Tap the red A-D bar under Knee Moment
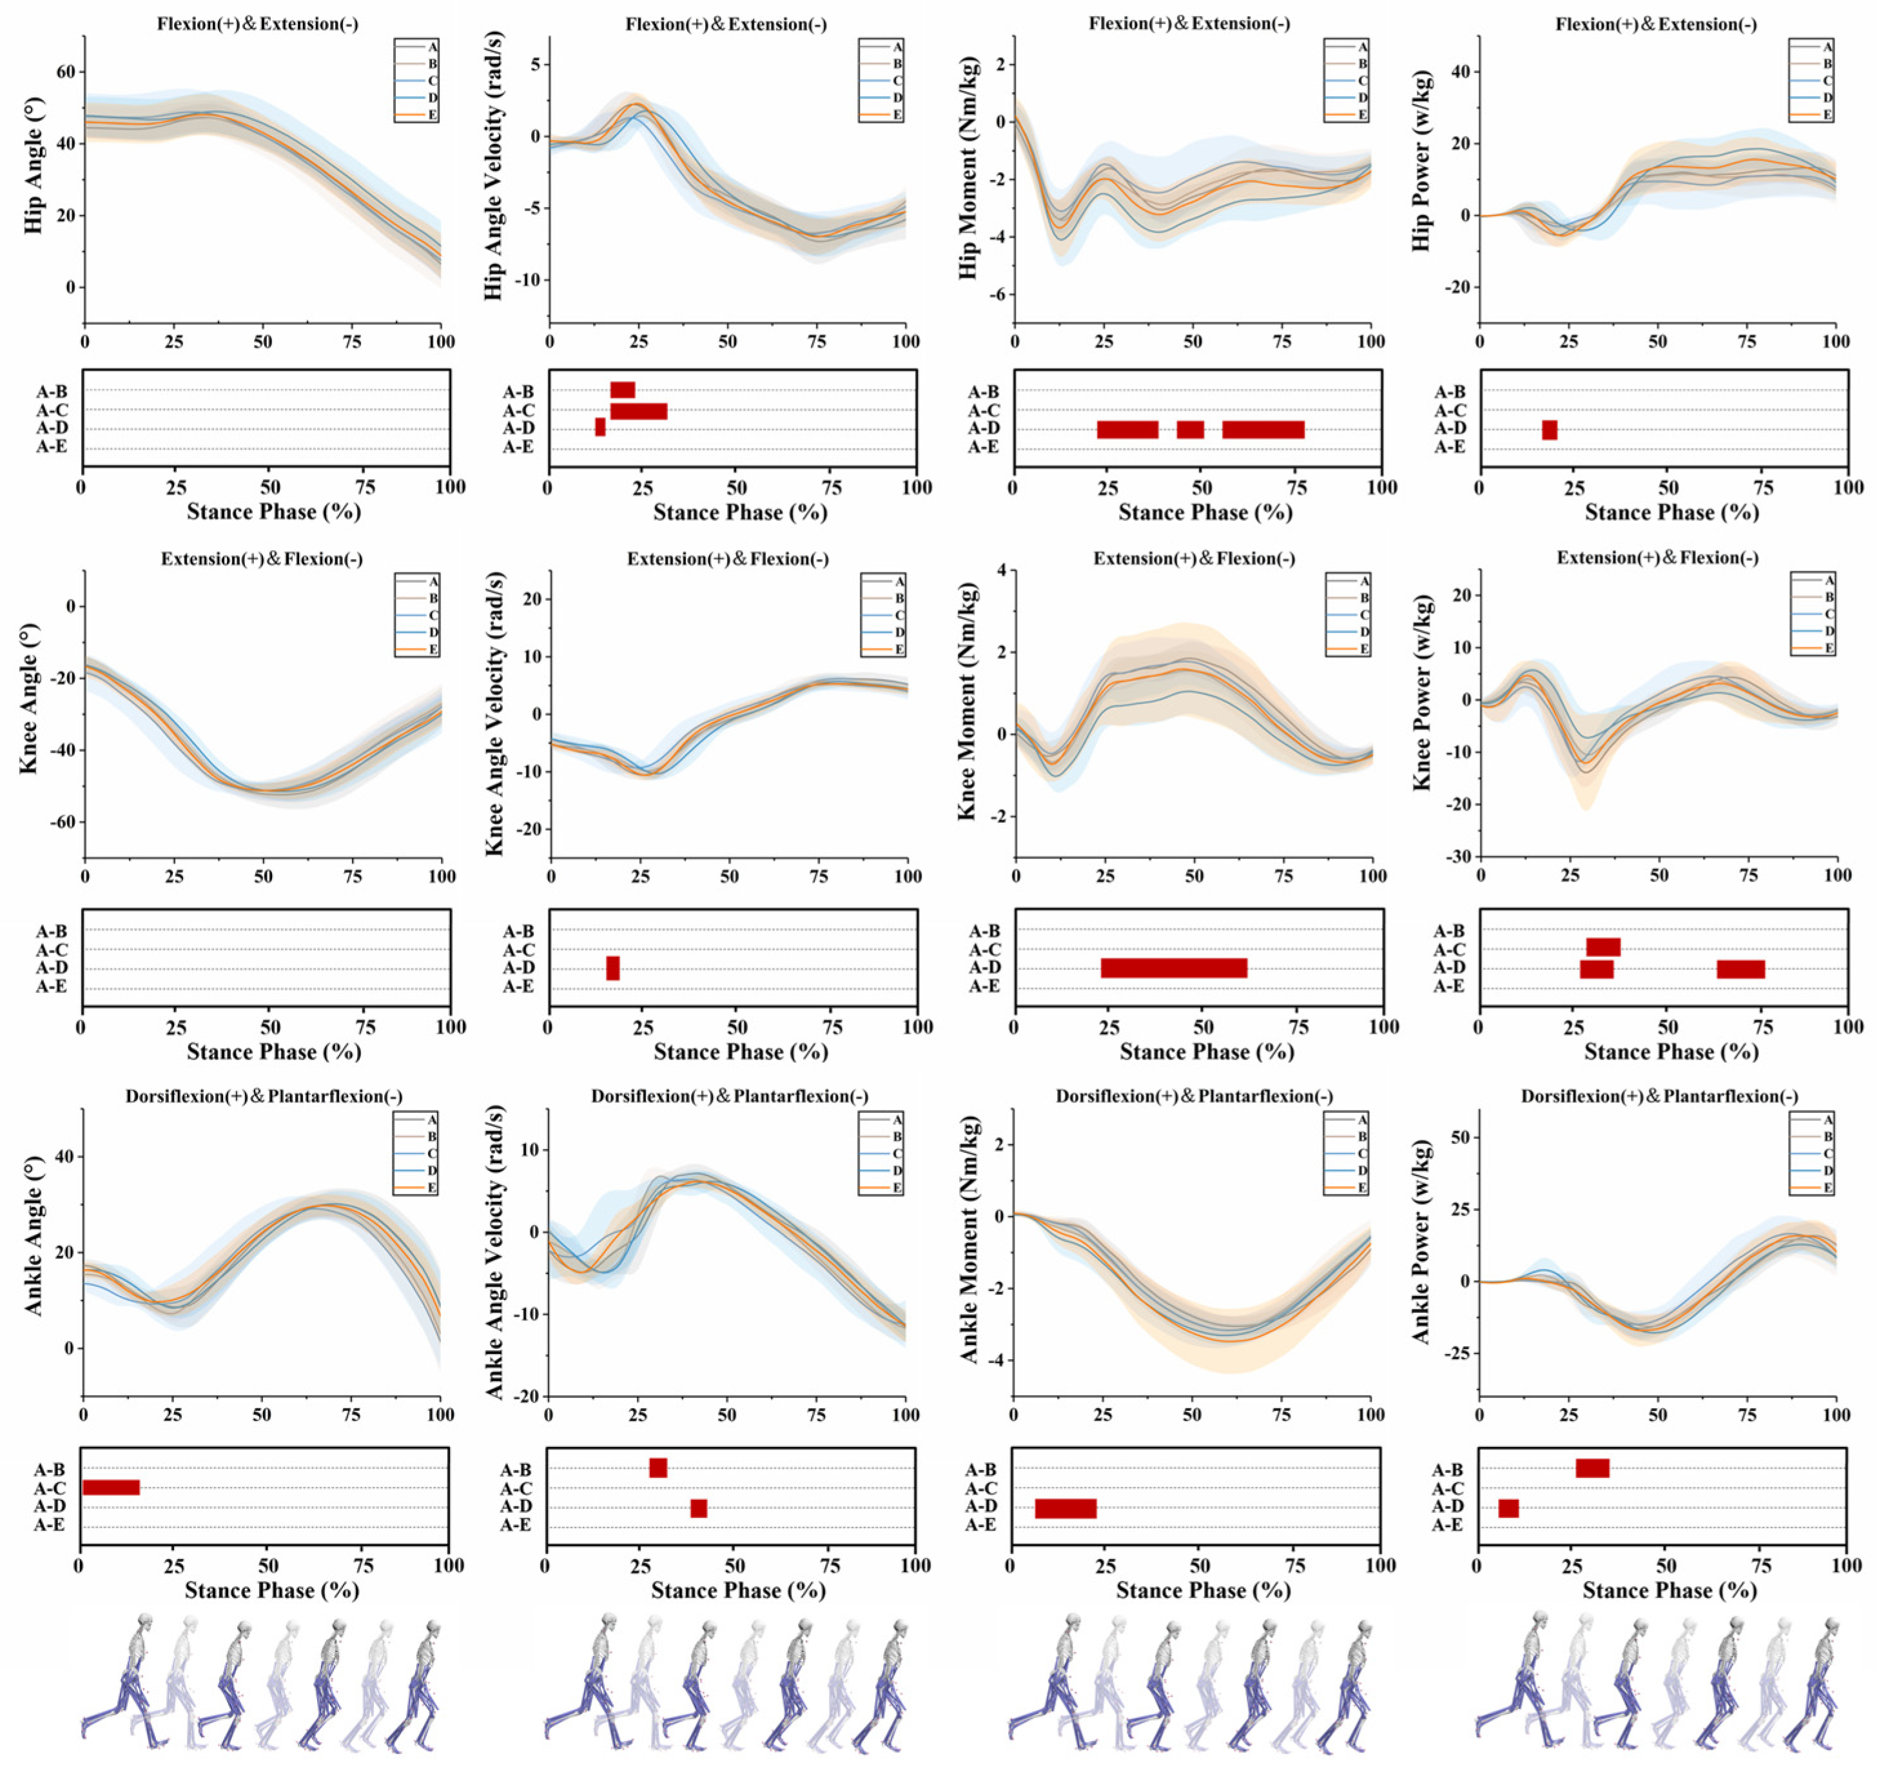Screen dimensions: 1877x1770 point(1174,968)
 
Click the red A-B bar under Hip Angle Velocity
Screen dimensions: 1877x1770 point(622,390)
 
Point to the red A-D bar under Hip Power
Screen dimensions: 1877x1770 point(1550,429)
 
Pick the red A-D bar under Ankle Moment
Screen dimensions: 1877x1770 point(1066,1508)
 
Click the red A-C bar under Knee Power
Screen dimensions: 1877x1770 point(1603,947)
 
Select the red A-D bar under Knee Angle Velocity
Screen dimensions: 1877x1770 point(613,968)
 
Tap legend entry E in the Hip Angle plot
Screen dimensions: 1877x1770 point(416,114)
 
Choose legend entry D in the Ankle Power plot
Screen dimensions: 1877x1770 point(1812,1170)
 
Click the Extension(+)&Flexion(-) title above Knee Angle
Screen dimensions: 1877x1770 point(262,558)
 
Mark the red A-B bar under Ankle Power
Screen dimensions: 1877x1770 point(1593,1468)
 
